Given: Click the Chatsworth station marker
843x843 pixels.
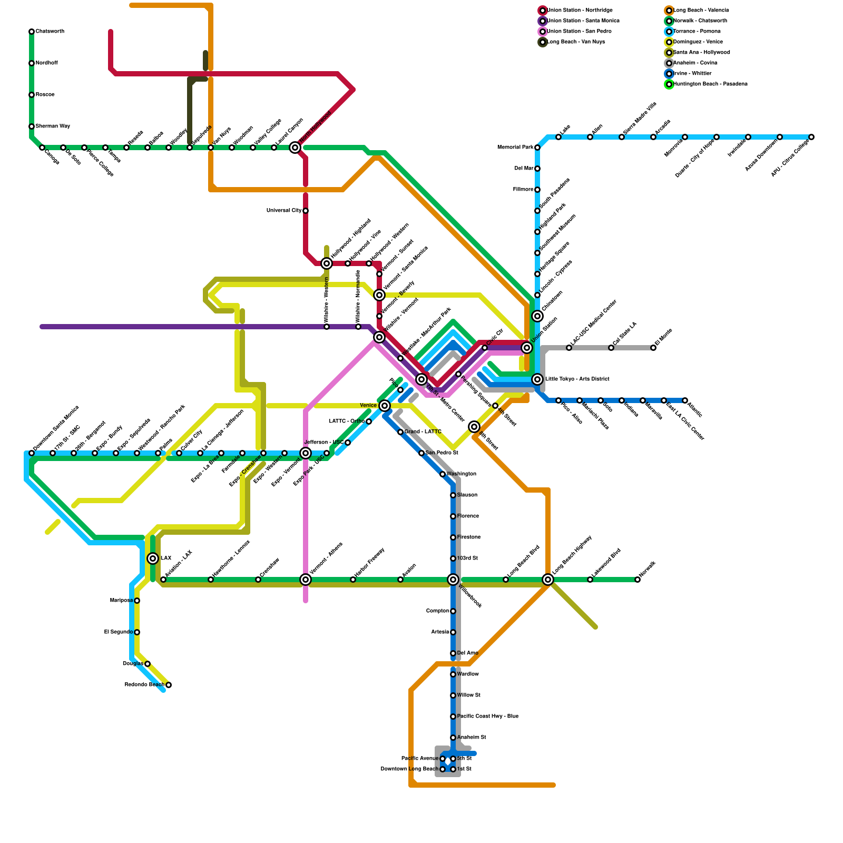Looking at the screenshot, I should click(x=32, y=32).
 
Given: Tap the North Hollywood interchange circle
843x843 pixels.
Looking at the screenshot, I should click(x=295, y=148).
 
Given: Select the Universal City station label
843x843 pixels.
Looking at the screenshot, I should click(x=284, y=211).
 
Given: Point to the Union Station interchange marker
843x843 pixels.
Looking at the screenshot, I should click(x=527, y=348).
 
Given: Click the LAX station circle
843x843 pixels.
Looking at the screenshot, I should click(x=153, y=558).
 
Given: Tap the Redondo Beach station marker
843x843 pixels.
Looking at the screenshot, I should click(x=169, y=685).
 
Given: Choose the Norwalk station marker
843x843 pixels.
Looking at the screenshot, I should click(x=638, y=580).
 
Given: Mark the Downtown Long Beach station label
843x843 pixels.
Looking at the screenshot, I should click(x=409, y=769).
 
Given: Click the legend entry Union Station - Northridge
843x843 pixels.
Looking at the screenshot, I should click(x=580, y=11).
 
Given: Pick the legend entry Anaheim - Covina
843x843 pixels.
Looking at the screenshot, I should click(x=695, y=63).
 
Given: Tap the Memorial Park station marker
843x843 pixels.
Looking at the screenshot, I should click(x=537, y=148).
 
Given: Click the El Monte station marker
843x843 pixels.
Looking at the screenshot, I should click(x=653, y=348).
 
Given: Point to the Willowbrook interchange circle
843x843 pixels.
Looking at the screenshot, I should click(x=453, y=580).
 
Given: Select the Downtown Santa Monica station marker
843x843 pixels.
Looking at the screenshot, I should click(x=32, y=453).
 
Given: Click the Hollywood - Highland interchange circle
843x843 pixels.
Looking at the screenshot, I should click(x=327, y=263).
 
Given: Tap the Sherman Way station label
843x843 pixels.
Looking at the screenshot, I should click(x=53, y=126).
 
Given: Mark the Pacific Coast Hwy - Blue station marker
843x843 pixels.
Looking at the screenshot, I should click(x=453, y=717).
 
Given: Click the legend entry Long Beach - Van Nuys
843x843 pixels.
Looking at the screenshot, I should click(x=576, y=42).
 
